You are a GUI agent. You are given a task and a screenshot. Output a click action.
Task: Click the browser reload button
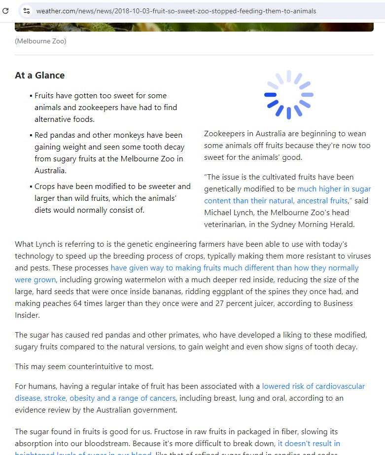(x=5, y=10)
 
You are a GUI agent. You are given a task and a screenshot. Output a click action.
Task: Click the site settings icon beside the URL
(x=27, y=10)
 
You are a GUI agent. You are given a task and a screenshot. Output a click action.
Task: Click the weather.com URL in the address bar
(x=176, y=11)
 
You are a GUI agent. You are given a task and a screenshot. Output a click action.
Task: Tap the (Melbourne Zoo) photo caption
(x=40, y=41)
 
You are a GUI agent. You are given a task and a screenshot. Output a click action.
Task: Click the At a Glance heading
(x=39, y=76)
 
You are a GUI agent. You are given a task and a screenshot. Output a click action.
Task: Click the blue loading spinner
(x=288, y=95)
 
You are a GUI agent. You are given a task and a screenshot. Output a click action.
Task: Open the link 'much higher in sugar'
(x=334, y=189)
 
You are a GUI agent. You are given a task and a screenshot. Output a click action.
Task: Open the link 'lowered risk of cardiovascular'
(x=313, y=386)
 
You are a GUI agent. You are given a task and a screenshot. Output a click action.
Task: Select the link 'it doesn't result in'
(x=309, y=443)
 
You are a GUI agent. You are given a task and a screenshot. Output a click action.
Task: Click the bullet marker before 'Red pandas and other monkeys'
(x=31, y=135)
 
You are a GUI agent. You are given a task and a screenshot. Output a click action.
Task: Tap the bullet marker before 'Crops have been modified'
(x=31, y=187)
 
